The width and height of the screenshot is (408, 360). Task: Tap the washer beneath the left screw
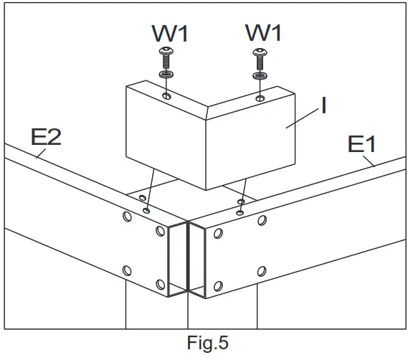[x=166, y=73]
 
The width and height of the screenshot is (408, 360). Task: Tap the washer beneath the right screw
[x=259, y=73]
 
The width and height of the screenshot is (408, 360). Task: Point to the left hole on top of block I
[x=166, y=96]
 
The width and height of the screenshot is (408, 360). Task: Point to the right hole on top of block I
[x=260, y=95]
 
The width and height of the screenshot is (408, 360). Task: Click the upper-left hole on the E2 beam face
[x=126, y=215]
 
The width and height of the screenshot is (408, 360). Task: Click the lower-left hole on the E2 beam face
[x=127, y=270]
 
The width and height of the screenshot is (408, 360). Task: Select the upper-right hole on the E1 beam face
[x=262, y=219]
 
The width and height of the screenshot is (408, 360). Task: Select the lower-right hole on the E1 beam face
[x=261, y=273]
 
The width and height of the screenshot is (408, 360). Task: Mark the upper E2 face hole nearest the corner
[x=160, y=231]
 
